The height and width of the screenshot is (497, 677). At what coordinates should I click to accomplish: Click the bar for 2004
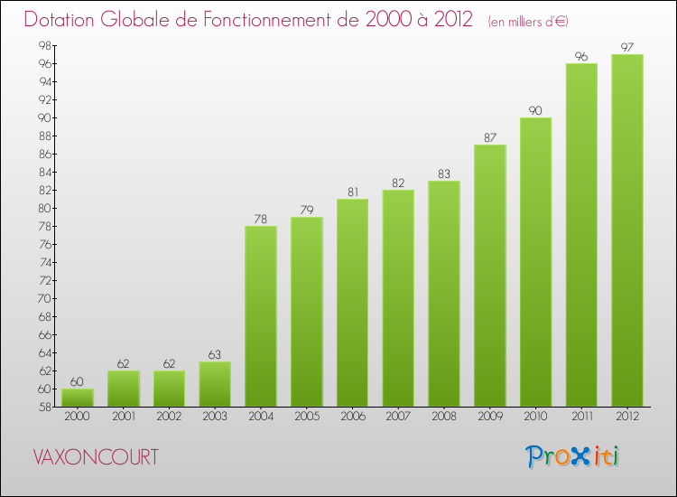pos(261,316)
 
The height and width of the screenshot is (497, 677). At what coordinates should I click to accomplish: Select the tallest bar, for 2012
pos(627,230)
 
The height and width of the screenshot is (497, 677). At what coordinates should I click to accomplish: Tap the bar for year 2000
pos(78,398)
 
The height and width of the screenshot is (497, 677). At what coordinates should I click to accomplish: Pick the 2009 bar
pos(490,276)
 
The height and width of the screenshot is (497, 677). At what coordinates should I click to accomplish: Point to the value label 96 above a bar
pos(581,57)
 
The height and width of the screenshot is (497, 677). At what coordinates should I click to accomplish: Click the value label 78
pos(261,220)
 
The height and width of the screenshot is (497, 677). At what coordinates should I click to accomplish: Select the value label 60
pos(78,382)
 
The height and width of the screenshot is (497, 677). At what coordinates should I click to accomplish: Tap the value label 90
pos(535,111)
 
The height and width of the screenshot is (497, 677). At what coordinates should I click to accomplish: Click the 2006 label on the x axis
pos(352,418)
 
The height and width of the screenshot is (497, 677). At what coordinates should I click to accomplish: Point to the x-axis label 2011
pos(581,418)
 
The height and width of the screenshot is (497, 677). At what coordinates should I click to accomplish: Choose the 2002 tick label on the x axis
pos(169,418)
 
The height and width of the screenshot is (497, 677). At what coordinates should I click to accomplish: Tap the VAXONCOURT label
pos(95,457)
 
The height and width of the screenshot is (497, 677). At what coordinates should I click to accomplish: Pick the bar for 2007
pos(398,298)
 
